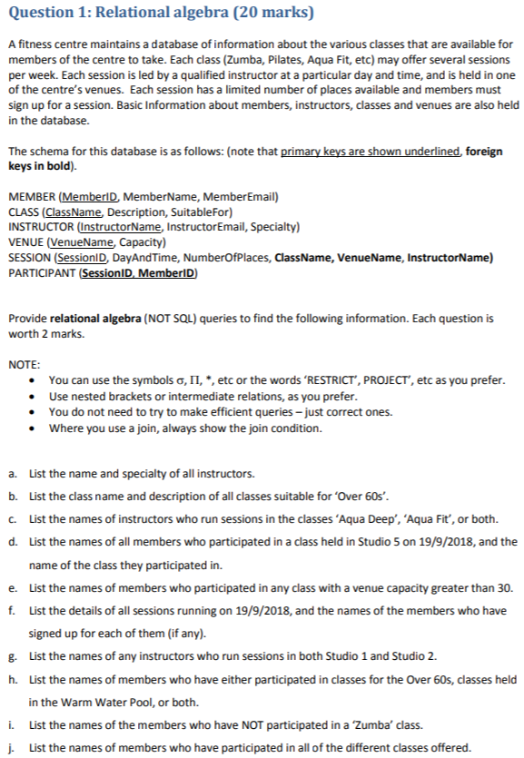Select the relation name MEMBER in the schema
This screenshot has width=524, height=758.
click(33, 198)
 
